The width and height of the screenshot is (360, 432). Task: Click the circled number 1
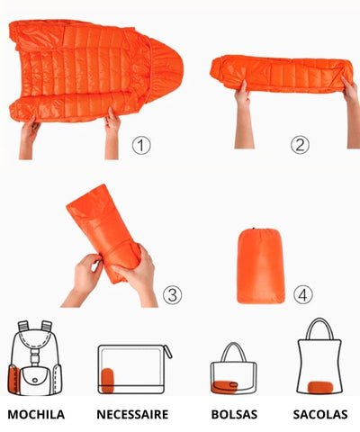141,145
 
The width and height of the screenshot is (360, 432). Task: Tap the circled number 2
300,145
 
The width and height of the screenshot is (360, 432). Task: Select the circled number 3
172,294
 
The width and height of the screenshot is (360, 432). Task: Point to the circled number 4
303,294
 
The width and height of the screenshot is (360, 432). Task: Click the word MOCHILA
36,414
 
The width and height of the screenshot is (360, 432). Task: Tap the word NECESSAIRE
132,414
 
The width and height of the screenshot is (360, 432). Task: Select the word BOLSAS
234,414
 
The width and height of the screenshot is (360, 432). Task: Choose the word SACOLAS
320,414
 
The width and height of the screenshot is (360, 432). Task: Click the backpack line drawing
35,358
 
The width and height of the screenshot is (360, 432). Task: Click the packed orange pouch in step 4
260,265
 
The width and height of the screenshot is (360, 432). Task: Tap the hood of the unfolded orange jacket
164,70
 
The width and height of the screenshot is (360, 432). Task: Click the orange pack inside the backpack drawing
13,379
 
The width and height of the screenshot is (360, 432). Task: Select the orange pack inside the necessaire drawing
108,381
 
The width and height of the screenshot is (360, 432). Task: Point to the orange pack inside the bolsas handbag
225,386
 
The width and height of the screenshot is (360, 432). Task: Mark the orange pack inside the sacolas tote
320,387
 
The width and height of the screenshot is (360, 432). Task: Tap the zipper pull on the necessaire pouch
168,352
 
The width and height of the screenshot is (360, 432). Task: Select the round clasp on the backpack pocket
35,380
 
